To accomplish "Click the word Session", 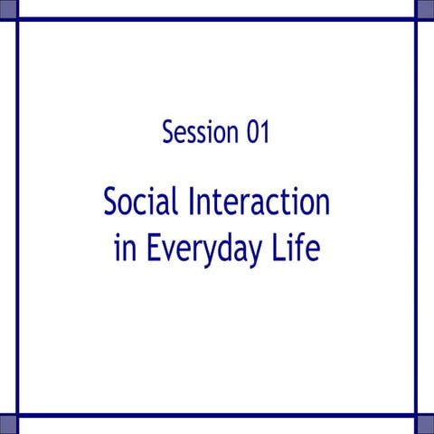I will click(x=201, y=133).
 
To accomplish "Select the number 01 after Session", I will click(x=258, y=133).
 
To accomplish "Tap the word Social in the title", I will click(x=142, y=203).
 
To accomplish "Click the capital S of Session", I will click(x=168, y=133).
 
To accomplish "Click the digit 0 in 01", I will click(x=251, y=133).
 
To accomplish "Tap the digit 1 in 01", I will click(x=264, y=133).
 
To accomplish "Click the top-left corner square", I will click(x=8, y=8).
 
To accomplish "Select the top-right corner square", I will click(x=425, y=8).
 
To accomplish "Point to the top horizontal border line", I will click(x=217, y=18).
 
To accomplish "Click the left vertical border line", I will click(x=17, y=217).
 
